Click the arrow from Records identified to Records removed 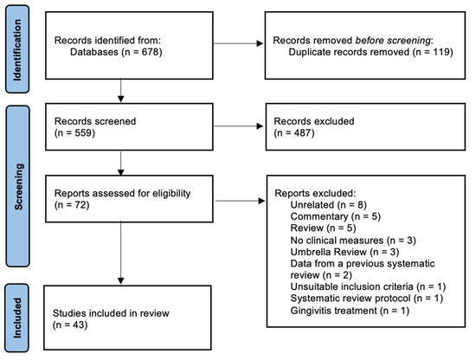pos(233,45)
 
